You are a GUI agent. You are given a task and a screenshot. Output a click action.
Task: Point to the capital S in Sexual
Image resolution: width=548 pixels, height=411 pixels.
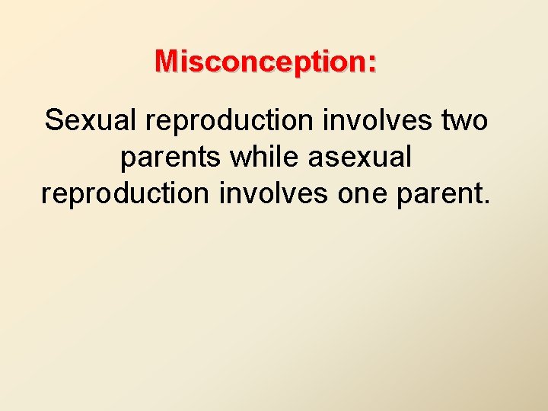pyautogui.click(x=53, y=120)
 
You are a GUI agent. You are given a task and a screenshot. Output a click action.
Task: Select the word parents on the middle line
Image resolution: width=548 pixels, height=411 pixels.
pyautogui.click(x=171, y=157)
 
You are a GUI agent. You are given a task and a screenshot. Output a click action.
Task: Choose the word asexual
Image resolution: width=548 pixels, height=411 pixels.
pyautogui.click(x=361, y=157)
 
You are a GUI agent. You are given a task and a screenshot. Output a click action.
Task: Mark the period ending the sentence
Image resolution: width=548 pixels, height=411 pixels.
pyautogui.click(x=486, y=202)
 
